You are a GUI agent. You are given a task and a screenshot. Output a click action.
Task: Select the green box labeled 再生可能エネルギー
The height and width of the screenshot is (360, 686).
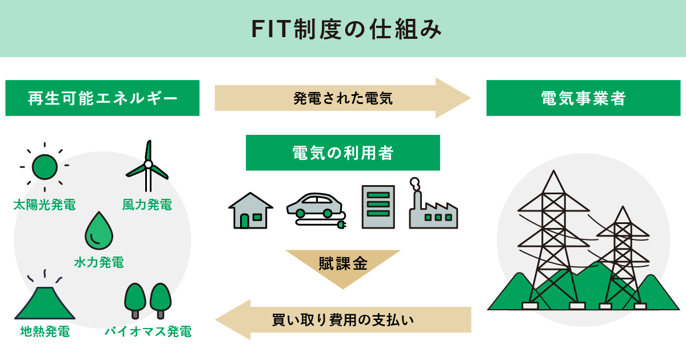102,98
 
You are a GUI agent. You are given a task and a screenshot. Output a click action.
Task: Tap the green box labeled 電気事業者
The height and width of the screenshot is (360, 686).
583,98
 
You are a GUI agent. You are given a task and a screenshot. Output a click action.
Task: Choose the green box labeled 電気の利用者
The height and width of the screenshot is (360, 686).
342,153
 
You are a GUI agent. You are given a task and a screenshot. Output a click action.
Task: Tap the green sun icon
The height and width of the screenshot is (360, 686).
45,167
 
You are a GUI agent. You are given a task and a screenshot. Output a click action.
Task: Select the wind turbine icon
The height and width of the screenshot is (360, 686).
148,167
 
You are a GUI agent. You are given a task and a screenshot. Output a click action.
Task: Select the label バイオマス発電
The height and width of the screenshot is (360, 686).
147,331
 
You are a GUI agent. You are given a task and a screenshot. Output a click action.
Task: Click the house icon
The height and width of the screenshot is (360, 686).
250,210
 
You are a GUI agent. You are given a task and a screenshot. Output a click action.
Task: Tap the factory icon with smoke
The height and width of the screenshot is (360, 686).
433,207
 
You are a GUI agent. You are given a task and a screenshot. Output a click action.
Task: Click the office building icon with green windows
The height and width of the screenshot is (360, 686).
378,207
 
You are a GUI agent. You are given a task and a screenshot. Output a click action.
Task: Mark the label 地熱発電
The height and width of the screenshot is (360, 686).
45,331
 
